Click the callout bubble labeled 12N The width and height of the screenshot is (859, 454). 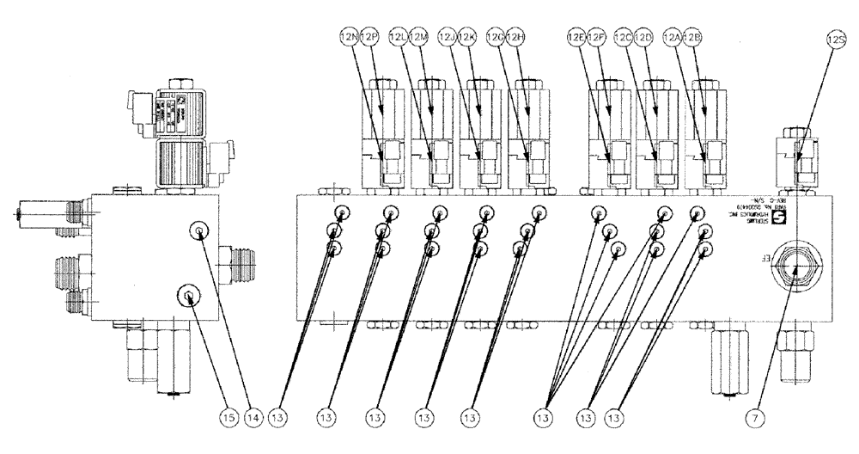click(x=350, y=38)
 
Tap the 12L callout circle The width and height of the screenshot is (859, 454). click(x=399, y=38)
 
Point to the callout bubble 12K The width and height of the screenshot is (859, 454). click(x=467, y=38)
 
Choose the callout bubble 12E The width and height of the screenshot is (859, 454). click(x=576, y=38)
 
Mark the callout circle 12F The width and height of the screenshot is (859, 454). click(x=596, y=38)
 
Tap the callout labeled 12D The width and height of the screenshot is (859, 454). click(x=645, y=38)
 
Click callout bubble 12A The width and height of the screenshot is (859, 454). click(x=674, y=38)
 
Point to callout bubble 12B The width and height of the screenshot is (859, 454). click(x=694, y=38)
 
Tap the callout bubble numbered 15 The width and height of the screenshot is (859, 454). click(x=203, y=418)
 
